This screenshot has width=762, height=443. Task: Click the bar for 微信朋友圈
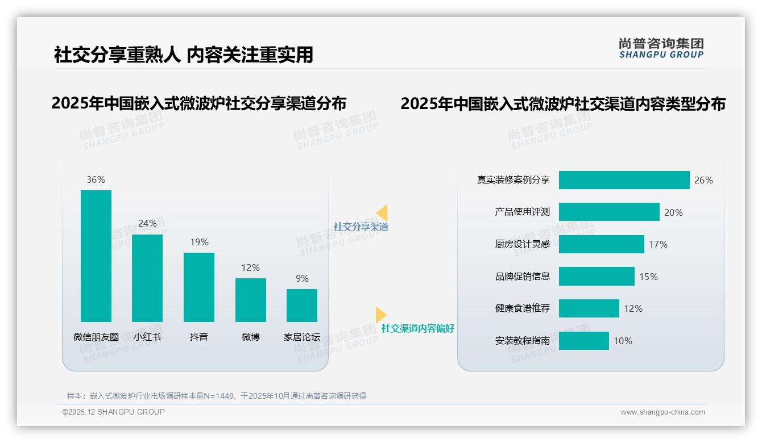click(96, 256)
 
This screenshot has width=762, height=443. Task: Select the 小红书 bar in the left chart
click(147, 278)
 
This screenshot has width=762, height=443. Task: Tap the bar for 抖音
click(199, 287)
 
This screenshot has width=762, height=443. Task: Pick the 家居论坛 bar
click(302, 306)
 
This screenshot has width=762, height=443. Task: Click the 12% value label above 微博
click(250, 268)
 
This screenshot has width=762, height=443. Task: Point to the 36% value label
click(96, 179)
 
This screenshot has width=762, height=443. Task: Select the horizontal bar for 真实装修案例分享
click(624, 180)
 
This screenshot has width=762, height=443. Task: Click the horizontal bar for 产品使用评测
click(609, 212)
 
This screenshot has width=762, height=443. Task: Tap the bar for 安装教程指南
click(583, 341)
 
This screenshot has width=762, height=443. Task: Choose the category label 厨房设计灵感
click(522, 244)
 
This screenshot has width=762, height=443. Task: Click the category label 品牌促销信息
click(522, 277)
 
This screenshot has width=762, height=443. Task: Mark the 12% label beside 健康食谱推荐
click(633, 308)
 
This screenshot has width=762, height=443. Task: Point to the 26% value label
click(703, 180)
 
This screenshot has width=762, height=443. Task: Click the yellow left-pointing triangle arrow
click(382, 213)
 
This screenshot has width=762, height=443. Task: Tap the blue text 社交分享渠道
click(361, 227)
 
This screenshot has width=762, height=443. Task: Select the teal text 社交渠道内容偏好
click(417, 329)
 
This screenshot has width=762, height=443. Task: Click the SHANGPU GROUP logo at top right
click(661, 48)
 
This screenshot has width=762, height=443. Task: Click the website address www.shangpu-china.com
click(662, 412)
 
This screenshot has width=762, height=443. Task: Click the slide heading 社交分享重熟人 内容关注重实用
click(183, 55)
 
